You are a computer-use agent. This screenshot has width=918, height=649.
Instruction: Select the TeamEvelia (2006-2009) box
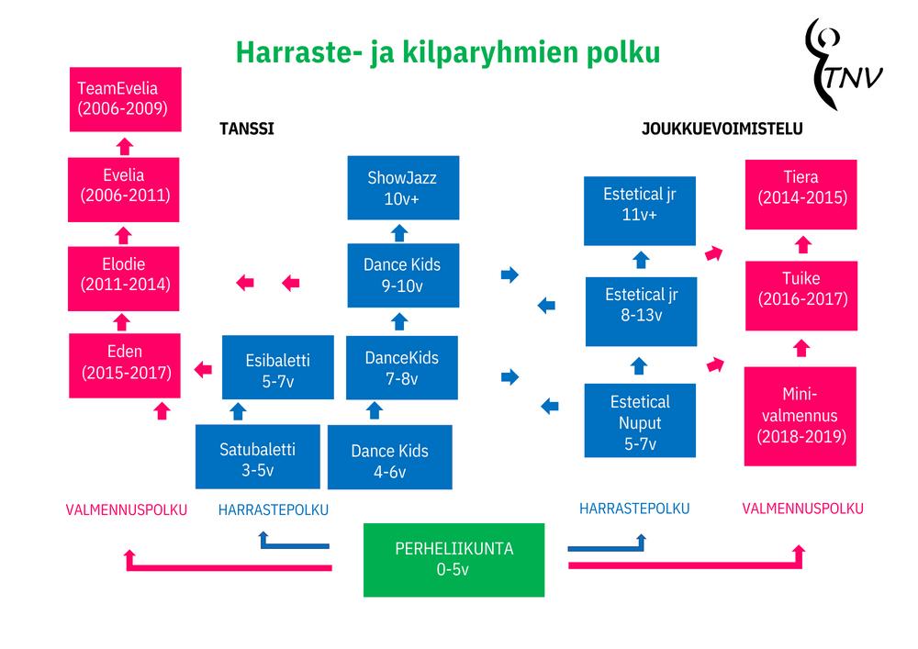coord(126,99)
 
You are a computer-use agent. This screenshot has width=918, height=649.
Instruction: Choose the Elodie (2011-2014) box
coord(125,274)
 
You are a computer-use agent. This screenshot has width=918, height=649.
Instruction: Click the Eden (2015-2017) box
coord(125,363)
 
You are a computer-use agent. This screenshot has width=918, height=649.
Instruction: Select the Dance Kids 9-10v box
coord(401,274)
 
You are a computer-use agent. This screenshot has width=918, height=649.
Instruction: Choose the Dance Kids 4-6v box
coord(389,460)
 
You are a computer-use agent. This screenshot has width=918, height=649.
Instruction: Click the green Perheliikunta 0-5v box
coord(454,559)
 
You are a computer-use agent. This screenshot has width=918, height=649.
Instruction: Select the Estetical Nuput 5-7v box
coord(639,421)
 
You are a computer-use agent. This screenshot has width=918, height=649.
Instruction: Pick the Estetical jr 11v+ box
coord(639,204)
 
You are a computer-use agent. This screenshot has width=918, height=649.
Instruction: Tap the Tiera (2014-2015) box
coord(800,187)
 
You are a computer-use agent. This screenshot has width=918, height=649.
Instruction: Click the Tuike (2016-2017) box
coord(801,288)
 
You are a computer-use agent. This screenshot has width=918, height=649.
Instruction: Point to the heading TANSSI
coord(246,129)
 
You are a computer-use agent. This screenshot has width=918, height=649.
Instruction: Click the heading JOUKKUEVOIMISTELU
coord(722,129)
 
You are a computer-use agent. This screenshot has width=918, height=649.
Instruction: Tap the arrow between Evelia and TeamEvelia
coord(125,145)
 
